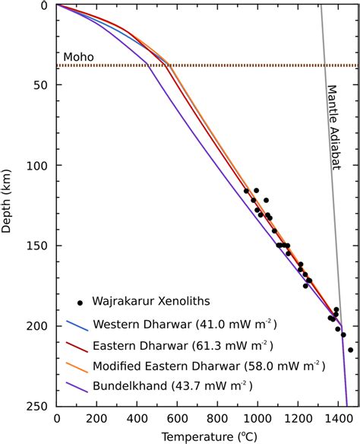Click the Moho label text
pyautogui.click(x=79, y=57)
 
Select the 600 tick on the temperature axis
pyautogui.click(x=176, y=417)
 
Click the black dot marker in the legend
pyautogui.click(x=80, y=303)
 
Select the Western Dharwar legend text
pyautogui.click(x=184, y=325)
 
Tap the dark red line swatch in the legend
pyautogui.click(x=80, y=345)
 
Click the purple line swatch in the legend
pyautogui.click(x=80, y=386)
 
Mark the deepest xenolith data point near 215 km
pyautogui.click(x=350, y=350)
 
